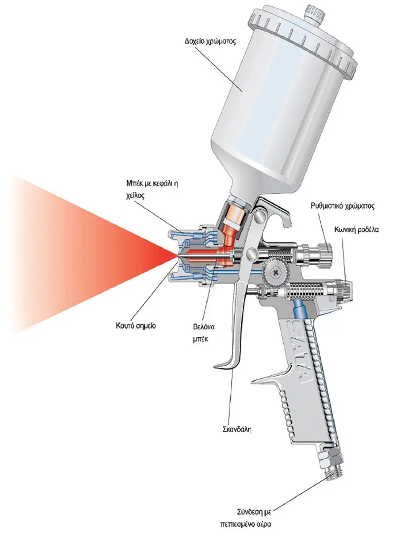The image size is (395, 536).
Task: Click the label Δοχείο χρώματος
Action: (210, 42)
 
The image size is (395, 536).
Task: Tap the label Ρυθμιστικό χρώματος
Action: (342, 206)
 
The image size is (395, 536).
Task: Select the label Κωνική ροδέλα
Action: (357, 229)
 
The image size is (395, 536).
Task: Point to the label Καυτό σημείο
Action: (136, 325)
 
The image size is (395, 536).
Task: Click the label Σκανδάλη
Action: (237, 429)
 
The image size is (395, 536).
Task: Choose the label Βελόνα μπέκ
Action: (204, 333)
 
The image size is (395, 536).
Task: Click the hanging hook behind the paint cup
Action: (277, 212)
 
